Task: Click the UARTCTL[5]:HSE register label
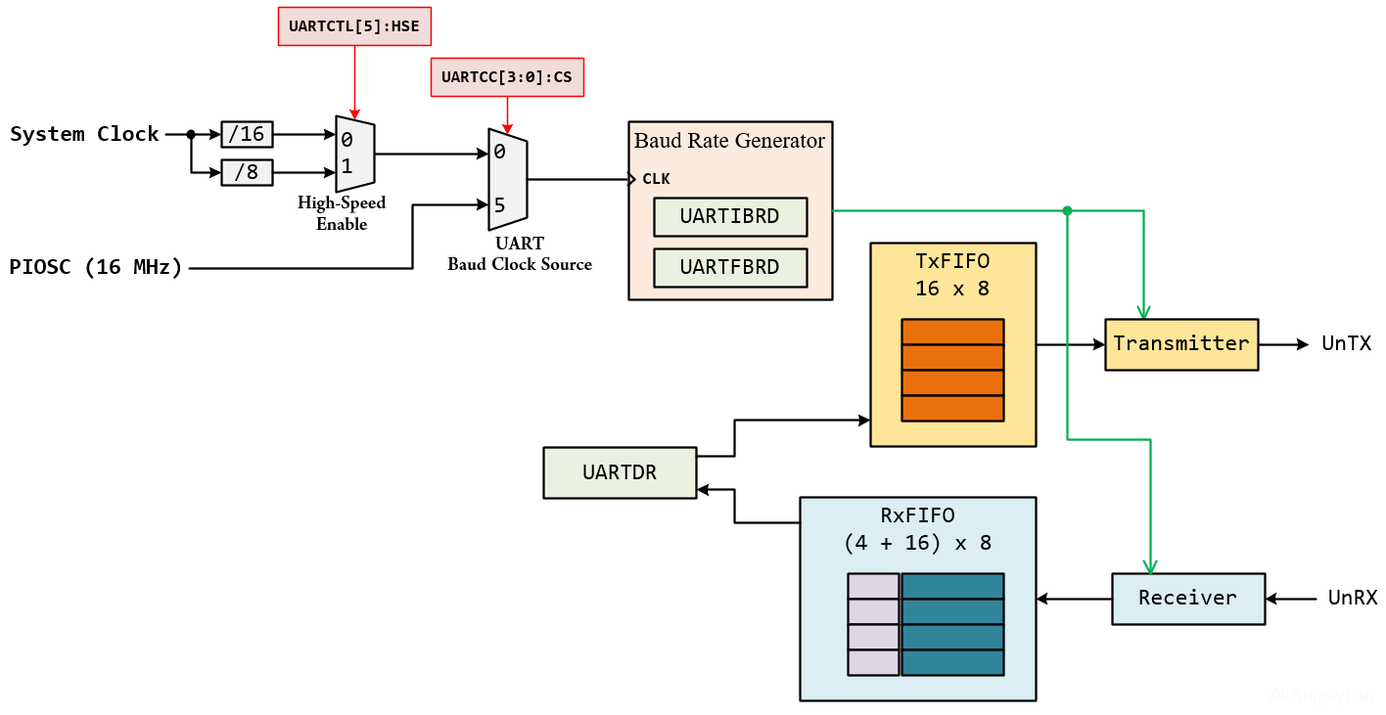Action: [x=354, y=26]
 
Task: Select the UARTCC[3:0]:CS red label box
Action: [x=507, y=77]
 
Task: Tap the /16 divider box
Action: [x=247, y=134]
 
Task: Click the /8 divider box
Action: [x=247, y=172]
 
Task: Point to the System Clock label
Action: [x=84, y=134]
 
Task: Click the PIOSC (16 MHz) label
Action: [x=96, y=267]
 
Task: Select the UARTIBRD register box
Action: [x=730, y=217]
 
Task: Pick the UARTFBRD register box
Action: [x=730, y=267]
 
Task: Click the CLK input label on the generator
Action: [x=656, y=179]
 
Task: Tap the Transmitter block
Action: [x=1181, y=344]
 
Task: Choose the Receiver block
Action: [x=1188, y=598]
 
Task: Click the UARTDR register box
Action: [x=620, y=472]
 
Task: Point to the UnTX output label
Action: [x=1346, y=343]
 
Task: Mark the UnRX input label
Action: [x=1353, y=598]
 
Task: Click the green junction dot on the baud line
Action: [x=1067, y=210]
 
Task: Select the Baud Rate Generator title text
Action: [x=729, y=141]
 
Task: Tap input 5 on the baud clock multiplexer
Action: [x=499, y=205]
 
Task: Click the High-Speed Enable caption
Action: [x=342, y=213]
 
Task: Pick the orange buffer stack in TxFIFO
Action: [x=952, y=370]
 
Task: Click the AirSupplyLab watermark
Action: [x=1321, y=696]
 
